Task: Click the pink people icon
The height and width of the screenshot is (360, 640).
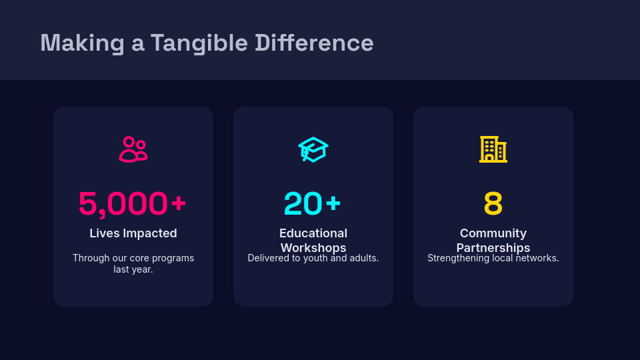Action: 133,149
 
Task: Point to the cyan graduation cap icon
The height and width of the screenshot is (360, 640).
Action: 313,149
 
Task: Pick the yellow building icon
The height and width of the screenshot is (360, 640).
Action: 493,149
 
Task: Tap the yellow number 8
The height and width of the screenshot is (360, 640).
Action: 493,204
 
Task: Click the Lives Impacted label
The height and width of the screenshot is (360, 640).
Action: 133,233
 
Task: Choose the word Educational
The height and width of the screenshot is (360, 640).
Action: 313,233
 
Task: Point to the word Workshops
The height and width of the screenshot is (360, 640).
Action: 313,248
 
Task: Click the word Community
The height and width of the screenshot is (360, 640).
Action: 493,233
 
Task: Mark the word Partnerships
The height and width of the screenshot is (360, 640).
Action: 493,248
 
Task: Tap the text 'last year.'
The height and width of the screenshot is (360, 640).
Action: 133,269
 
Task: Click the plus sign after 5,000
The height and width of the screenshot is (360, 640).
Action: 178,203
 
